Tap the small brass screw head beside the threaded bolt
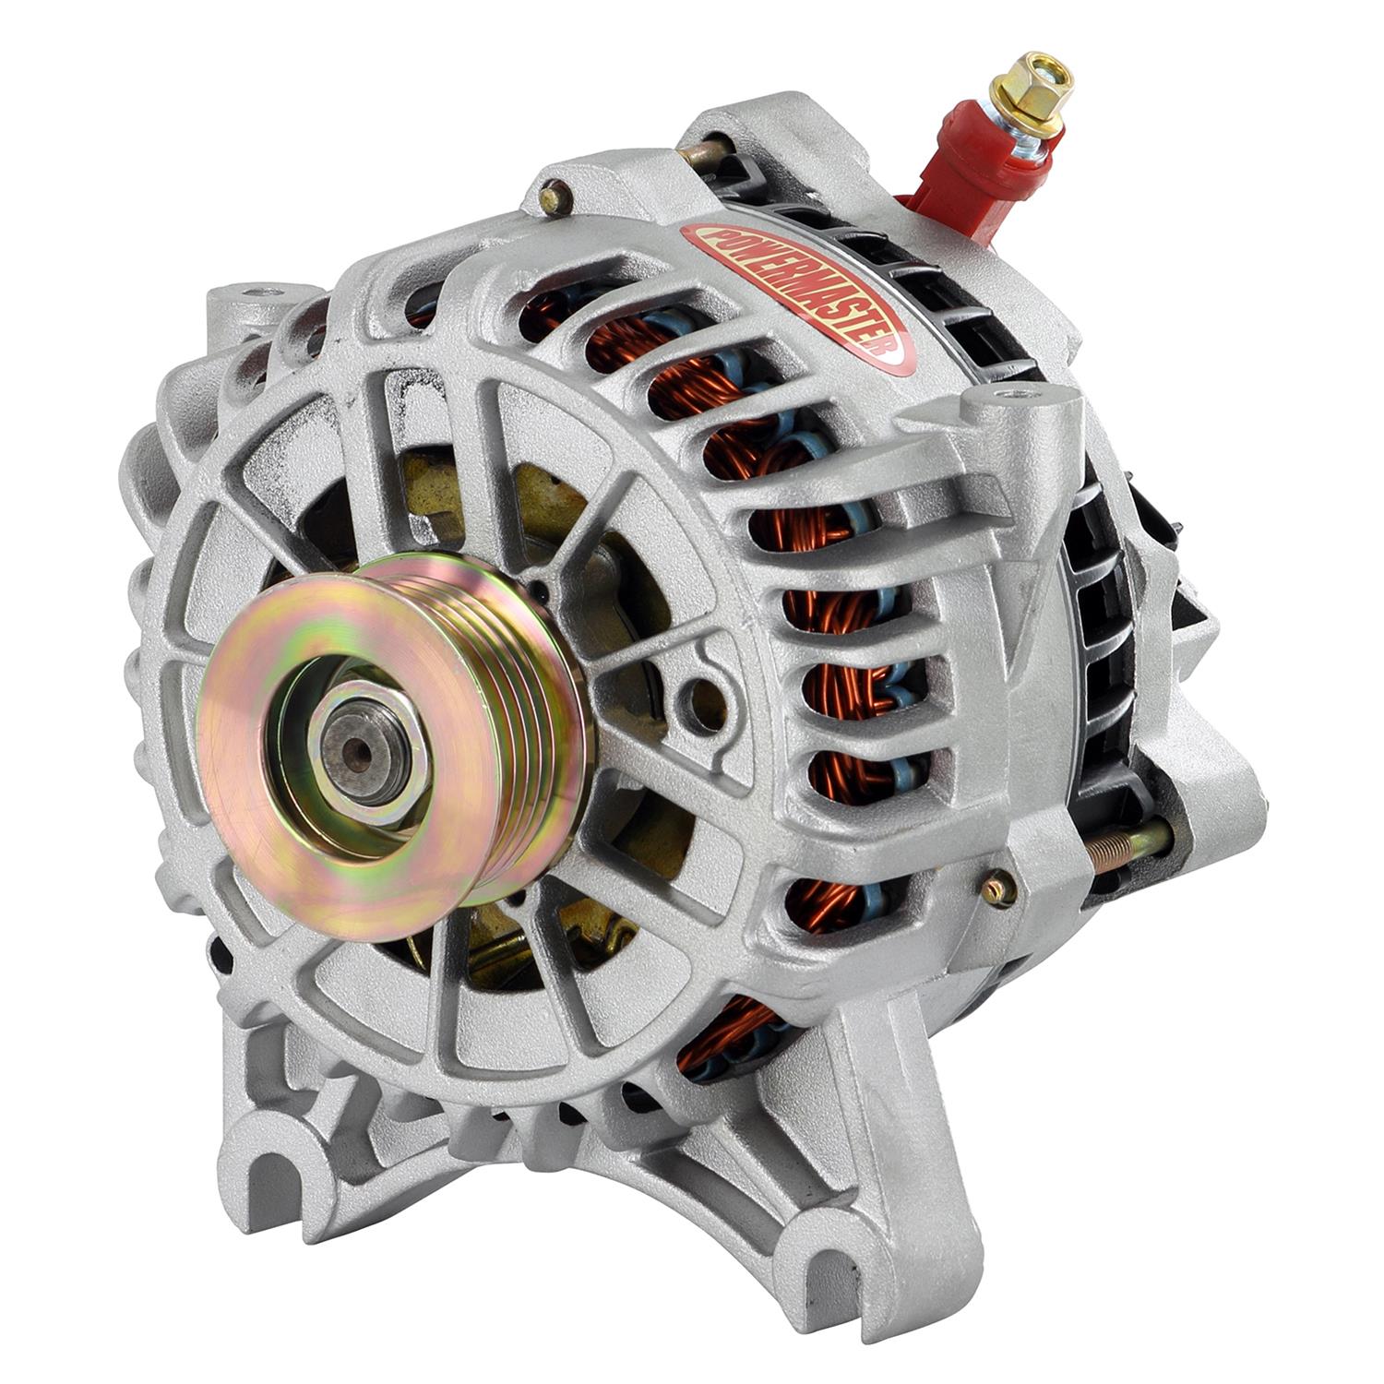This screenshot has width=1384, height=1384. (997, 889)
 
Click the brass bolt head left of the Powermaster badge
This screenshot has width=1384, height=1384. (555, 197)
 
